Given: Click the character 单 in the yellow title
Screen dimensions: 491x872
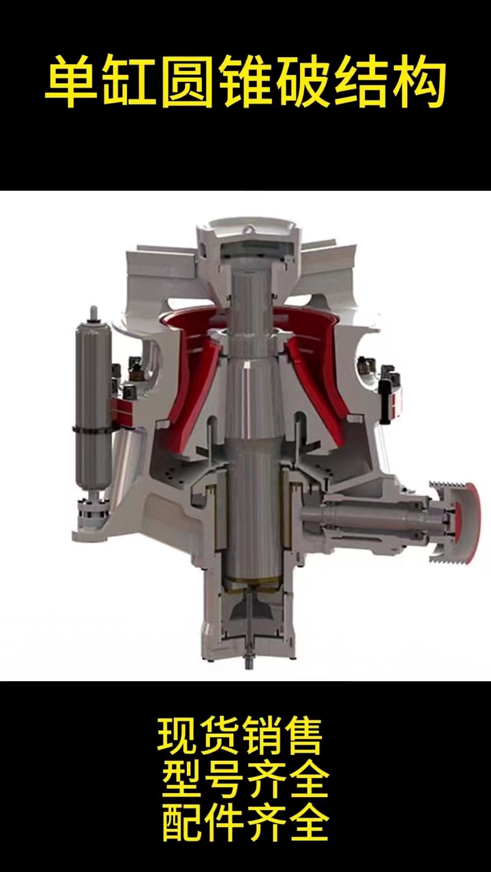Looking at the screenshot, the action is click(x=70, y=82).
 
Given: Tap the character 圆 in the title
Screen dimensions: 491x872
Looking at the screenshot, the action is click(x=185, y=82).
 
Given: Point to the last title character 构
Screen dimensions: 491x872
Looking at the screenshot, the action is click(x=419, y=82).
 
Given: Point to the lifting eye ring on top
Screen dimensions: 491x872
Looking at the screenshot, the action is click(x=248, y=230).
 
